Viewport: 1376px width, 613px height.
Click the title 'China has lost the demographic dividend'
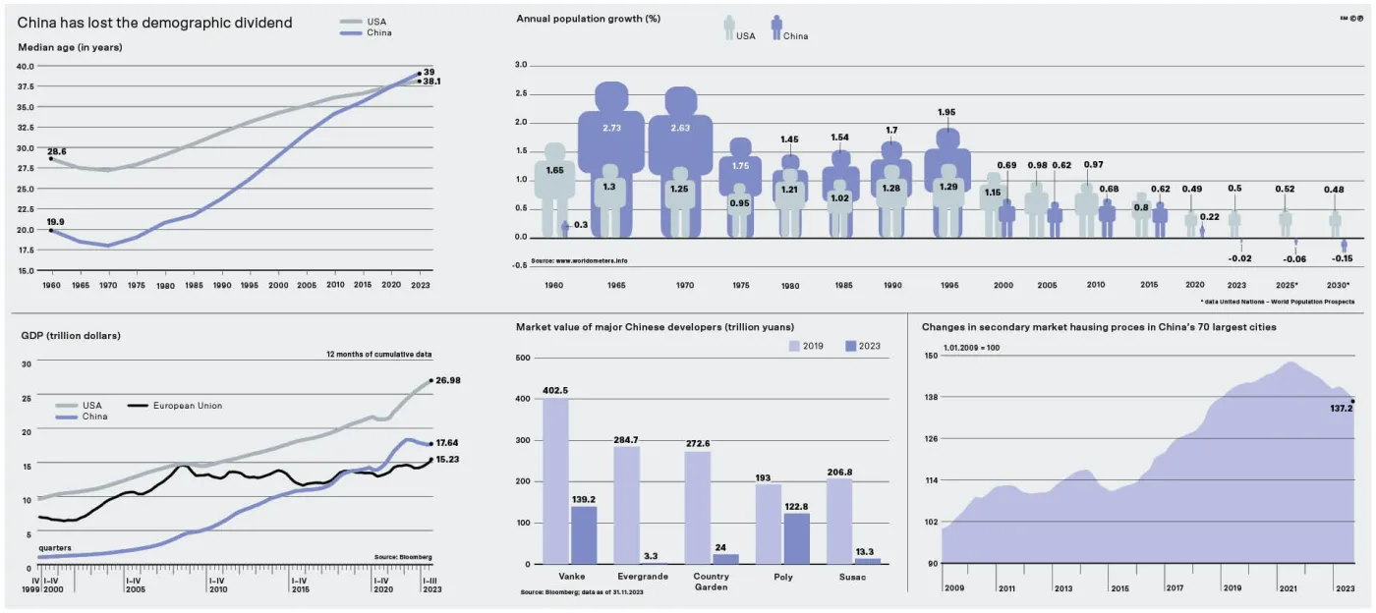[154, 23]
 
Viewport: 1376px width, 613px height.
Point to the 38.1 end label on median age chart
[431, 82]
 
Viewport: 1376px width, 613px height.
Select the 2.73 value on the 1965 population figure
[610, 129]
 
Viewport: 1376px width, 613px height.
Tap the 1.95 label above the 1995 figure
[946, 112]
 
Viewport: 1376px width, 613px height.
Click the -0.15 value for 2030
[1344, 258]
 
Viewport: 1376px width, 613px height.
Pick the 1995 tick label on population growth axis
[948, 285]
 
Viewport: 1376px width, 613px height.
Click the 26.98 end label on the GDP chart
[447, 380]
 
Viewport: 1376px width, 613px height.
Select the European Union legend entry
[187, 405]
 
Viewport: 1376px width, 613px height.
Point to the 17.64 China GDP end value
[447, 443]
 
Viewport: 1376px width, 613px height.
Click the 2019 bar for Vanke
[555, 480]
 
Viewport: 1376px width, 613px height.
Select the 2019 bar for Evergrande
[626, 505]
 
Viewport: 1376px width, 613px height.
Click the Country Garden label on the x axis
[710, 582]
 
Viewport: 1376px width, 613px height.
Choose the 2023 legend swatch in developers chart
[851, 346]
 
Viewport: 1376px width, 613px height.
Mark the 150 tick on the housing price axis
[930, 356]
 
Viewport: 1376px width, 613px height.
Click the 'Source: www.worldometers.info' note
[579, 260]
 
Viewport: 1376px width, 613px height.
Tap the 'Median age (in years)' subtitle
[70, 47]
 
